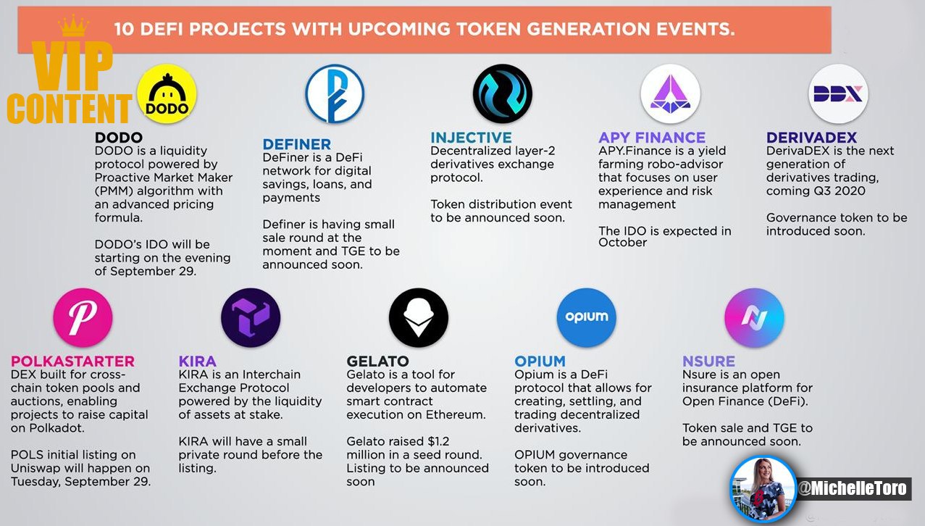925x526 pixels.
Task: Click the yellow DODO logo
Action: point(167,93)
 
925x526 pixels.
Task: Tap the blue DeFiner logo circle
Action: point(335,93)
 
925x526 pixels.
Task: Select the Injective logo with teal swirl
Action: point(503,93)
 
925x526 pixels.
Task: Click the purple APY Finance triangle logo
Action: point(671,93)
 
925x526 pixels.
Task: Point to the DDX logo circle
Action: point(838,93)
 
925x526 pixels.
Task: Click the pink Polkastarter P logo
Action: point(83,317)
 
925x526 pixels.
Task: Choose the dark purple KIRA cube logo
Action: point(251,317)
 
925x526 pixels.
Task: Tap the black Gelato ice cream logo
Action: point(419,317)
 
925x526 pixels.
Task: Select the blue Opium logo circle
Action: point(587,317)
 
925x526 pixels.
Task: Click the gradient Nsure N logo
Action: point(755,317)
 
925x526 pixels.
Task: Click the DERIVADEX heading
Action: point(811,137)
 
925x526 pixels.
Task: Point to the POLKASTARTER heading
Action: point(72,361)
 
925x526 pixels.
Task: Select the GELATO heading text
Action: point(378,361)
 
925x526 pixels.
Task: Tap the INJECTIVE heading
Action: point(471,137)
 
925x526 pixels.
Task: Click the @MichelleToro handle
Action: point(853,488)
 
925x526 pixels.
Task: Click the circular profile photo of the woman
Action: point(763,489)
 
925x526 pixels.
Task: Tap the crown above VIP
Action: point(73,25)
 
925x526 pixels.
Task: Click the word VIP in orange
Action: point(72,66)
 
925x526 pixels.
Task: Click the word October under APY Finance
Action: point(623,242)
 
